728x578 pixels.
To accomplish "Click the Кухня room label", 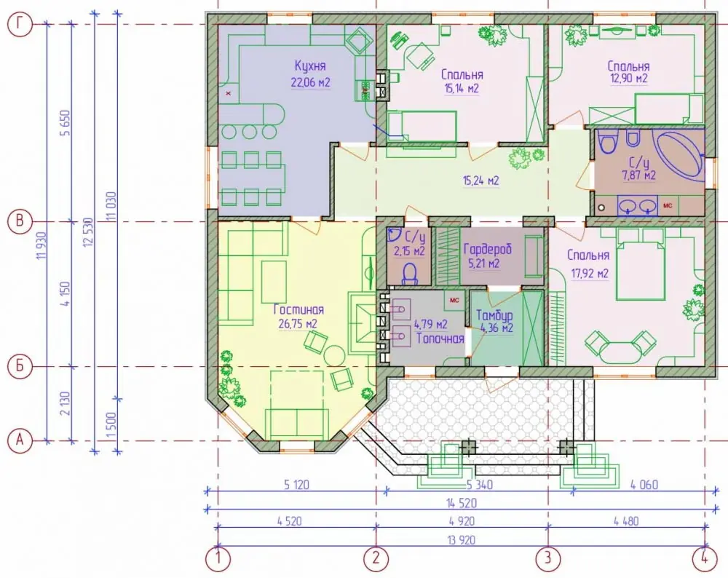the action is point(310,66).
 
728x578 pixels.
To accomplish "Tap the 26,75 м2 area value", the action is point(298,324).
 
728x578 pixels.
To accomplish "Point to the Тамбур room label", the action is point(494,315).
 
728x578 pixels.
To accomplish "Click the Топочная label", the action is point(440,338).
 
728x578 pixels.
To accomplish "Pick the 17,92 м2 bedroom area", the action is point(590,274).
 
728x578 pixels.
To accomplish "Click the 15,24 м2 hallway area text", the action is point(481,180).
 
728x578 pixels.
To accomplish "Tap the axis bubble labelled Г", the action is point(20,24).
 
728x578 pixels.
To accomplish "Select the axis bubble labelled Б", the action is point(20,366).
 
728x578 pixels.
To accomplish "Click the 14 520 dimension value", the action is point(461,503).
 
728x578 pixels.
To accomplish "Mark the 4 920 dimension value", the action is point(462,521).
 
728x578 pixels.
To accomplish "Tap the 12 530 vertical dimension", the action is point(89,232).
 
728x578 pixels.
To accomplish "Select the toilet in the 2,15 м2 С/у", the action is point(410,274).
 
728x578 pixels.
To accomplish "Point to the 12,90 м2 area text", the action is point(628,79).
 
